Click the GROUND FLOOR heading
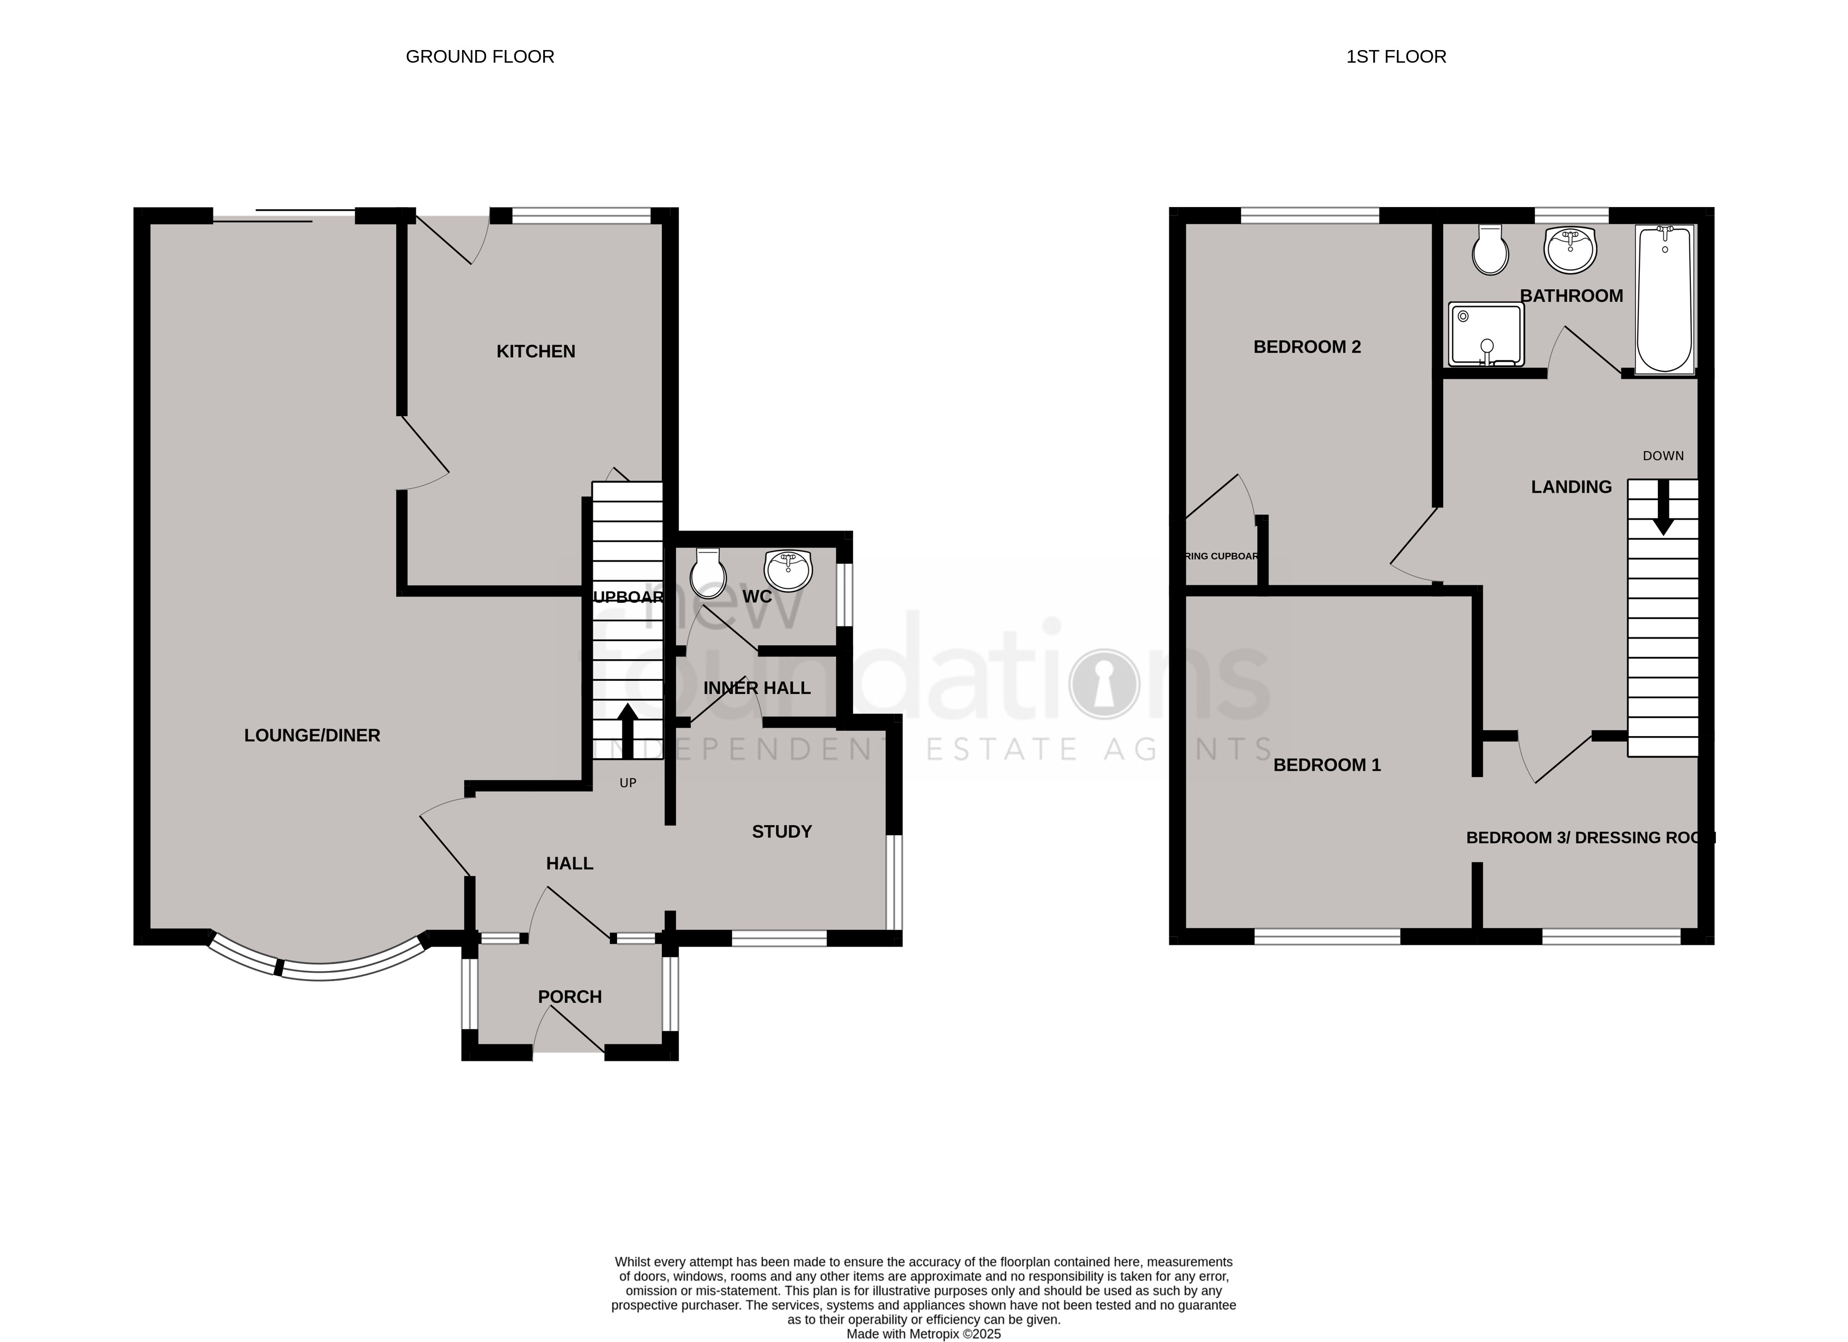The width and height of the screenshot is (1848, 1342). [x=480, y=57]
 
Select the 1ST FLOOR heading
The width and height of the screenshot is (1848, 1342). [x=1396, y=57]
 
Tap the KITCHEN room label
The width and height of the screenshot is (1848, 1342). [x=535, y=351]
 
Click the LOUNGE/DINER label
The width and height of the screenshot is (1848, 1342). [x=312, y=736]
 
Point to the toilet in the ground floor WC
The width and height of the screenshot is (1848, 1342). [x=707, y=574]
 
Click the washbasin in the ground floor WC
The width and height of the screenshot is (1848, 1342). [x=788, y=571]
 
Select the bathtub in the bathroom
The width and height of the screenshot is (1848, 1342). [x=1665, y=299]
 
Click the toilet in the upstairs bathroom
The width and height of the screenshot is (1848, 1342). [x=1490, y=251]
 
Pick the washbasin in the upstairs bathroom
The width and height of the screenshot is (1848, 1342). [x=1569, y=249]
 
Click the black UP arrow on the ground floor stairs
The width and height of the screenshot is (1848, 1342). [x=628, y=731]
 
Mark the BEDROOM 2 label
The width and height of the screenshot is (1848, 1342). [x=1307, y=347]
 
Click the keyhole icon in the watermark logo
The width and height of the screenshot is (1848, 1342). [x=1104, y=683]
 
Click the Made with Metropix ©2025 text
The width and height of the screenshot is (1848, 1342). [x=923, y=1335]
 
